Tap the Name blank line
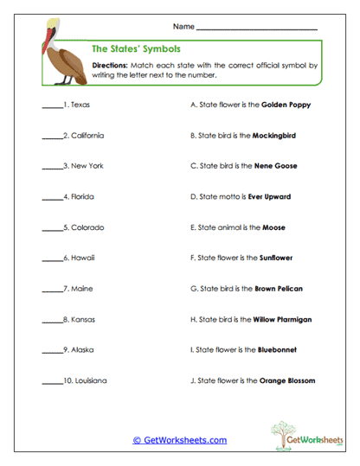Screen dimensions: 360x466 (257, 29)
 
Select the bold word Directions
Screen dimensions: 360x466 (110, 65)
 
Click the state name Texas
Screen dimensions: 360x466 (80, 105)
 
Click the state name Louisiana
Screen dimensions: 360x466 (88, 381)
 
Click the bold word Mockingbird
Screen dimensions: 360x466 (276, 136)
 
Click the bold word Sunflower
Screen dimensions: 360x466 (276, 259)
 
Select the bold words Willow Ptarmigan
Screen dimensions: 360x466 (282, 320)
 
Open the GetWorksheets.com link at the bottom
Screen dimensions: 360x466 (179, 440)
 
